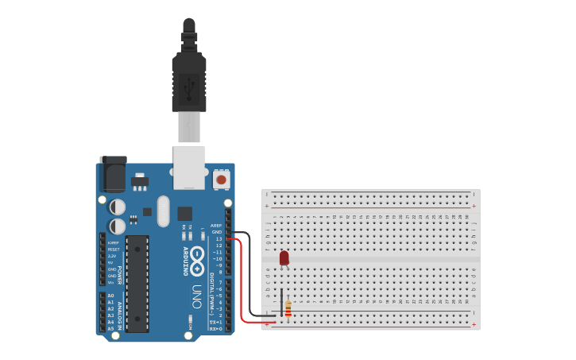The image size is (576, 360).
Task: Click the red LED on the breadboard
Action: pyautogui.click(x=284, y=257)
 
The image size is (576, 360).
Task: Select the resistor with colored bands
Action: pyautogui.click(x=288, y=309)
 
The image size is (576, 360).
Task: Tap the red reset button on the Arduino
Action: pyautogui.click(x=221, y=180)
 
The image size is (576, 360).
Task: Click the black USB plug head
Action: pyautogui.click(x=189, y=83)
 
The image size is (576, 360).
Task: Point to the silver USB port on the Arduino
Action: pyautogui.click(x=189, y=167)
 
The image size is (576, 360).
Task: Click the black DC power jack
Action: pyautogui.click(x=113, y=174)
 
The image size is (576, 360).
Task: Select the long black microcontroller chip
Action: pyautogui.click(x=137, y=284)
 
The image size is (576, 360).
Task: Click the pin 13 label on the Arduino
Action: pyautogui.click(x=218, y=238)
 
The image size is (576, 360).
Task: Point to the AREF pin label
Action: pyautogui.click(x=216, y=226)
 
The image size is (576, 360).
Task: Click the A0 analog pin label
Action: pyautogui.click(x=110, y=296)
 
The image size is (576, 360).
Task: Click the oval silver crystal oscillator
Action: pyautogui.click(x=164, y=211)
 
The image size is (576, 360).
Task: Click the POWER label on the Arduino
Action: pyautogui.click(x=120, y=275)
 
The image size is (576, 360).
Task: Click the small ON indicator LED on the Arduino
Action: pyautogui.click(x=191, y=322)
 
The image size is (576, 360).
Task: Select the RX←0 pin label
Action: pyautogui.click(x=215, y=328)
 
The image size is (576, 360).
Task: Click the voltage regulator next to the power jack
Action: pyautogui.click(x=140, y=182)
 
